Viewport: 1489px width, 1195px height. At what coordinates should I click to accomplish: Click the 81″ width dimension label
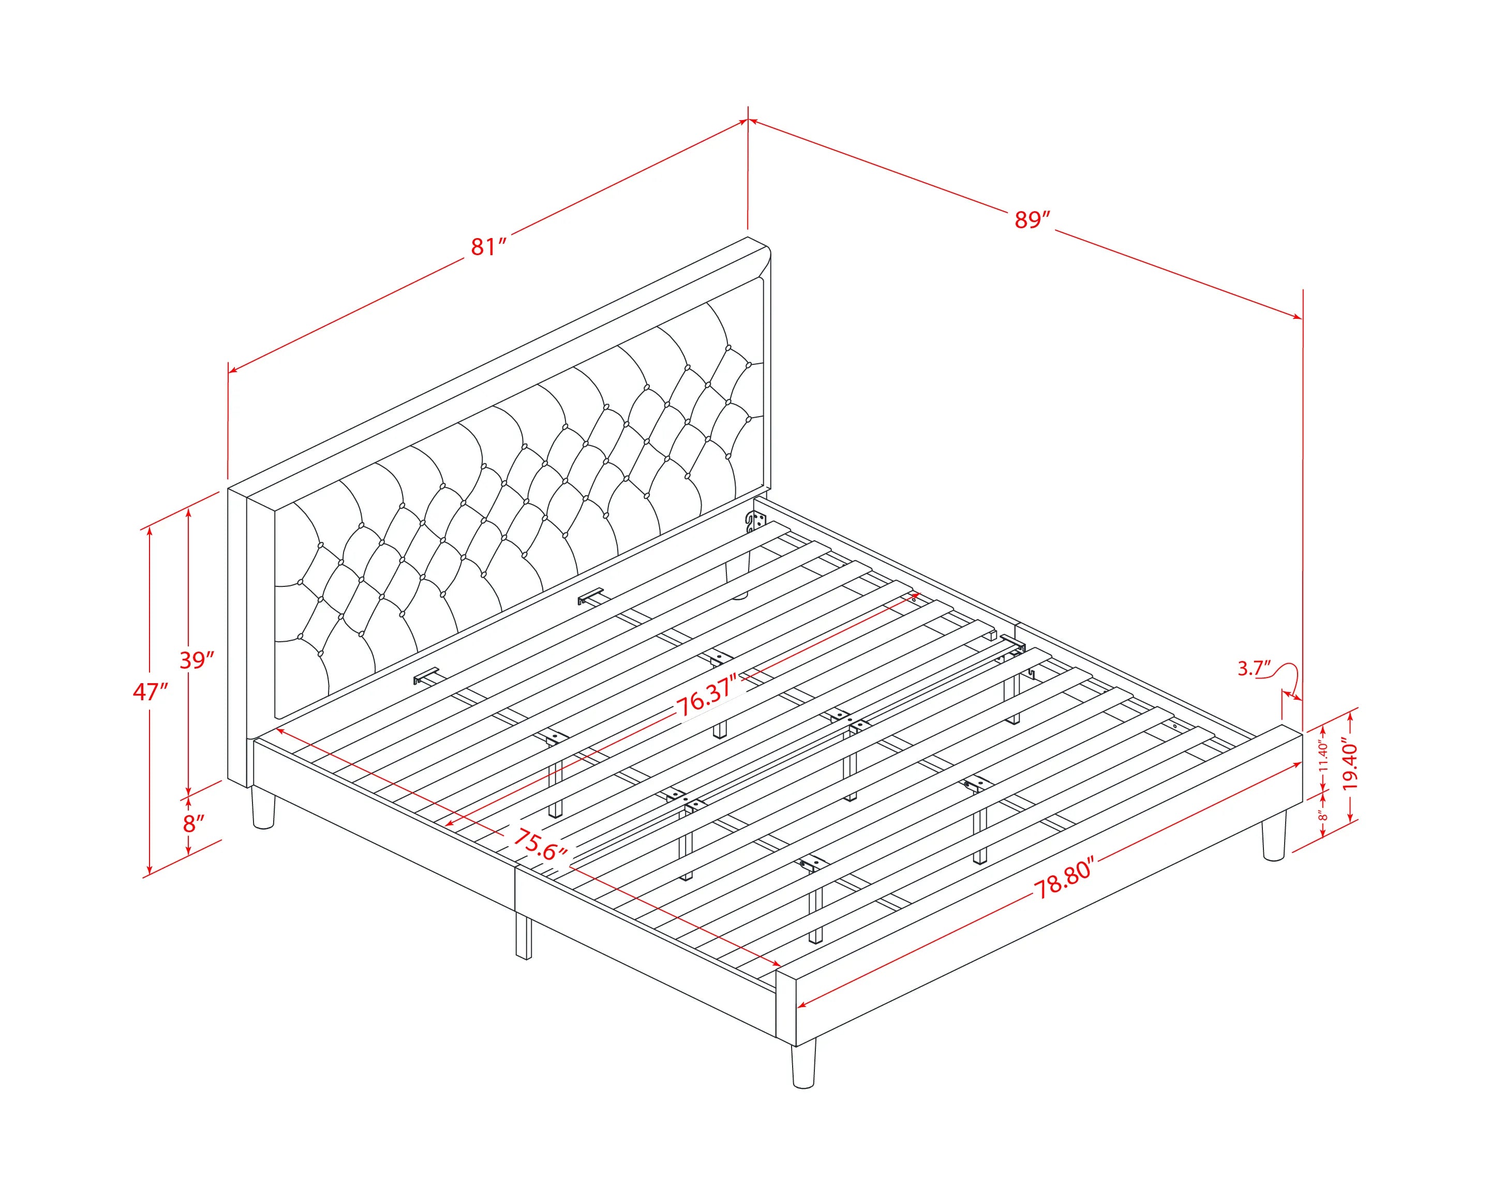pos(489,246)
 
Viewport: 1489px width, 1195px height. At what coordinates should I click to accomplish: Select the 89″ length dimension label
pos(1033,219)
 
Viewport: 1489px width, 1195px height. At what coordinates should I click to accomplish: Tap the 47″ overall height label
pos(151,691)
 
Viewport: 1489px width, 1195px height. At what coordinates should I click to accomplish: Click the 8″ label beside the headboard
pos(194,823)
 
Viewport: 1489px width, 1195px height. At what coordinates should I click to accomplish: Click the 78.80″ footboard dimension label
pos(1064,879)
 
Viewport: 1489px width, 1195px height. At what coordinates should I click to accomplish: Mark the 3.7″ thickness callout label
pos(1254,668)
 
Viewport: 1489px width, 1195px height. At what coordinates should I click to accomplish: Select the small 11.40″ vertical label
pos(1322,756)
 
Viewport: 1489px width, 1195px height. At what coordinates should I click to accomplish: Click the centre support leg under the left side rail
pos(524,936)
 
